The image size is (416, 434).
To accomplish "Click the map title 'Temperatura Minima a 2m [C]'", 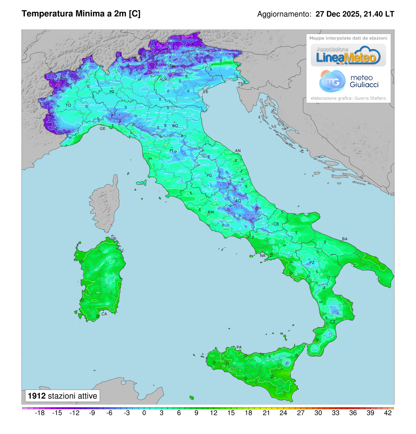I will point(81,14).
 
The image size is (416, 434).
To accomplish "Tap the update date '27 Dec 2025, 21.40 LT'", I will point(355,14).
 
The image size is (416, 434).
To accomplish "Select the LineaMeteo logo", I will point(348,55).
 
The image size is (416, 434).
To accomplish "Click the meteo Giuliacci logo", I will point(348,81).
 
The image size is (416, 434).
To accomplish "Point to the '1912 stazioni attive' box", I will point(62,396).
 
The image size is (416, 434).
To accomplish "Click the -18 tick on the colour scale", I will point(40,413).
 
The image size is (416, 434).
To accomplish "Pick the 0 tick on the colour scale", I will point(144,413).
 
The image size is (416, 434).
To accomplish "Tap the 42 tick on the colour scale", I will point(388,413).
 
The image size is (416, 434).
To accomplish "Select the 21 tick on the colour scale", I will point(266,413).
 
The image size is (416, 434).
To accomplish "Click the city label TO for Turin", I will point(68,105).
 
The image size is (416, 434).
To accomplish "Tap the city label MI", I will point(112,92).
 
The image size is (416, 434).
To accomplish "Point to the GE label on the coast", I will point(103,128).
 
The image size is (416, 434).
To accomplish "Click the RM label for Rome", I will point(211,212).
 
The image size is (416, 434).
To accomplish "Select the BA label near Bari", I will point(345,239).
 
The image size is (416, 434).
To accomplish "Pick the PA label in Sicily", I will point(239,347).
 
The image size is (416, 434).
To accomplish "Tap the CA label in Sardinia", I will point(104,314).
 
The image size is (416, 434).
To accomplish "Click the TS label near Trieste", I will point(240,84).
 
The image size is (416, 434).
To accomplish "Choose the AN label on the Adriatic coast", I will point(238,151).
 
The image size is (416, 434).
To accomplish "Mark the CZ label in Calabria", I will point(332,322).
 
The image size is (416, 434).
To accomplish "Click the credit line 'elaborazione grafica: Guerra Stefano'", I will point(348,98).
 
